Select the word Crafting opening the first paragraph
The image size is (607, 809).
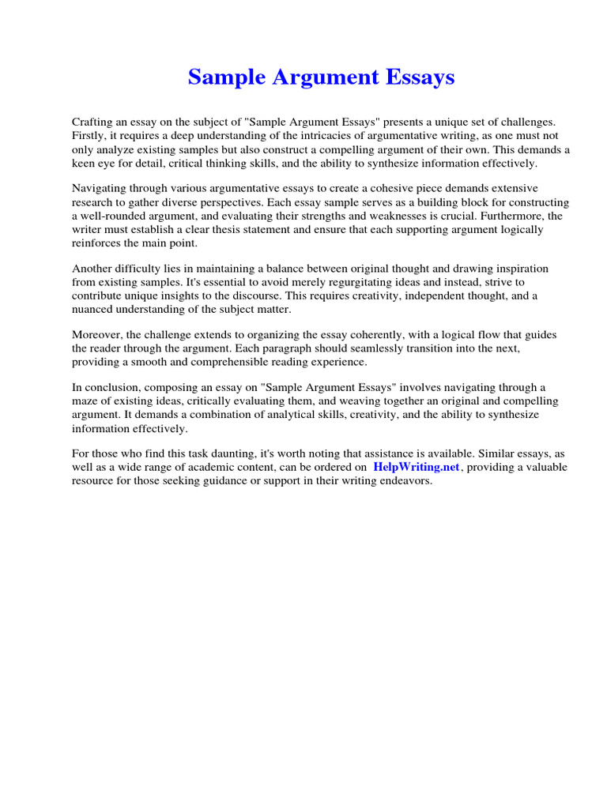coord(93,122)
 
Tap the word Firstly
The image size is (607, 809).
coord(91,135)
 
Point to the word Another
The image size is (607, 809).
coord(93,268)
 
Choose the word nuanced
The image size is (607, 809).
coord(97,310)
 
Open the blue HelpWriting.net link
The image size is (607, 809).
coord(417,468)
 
